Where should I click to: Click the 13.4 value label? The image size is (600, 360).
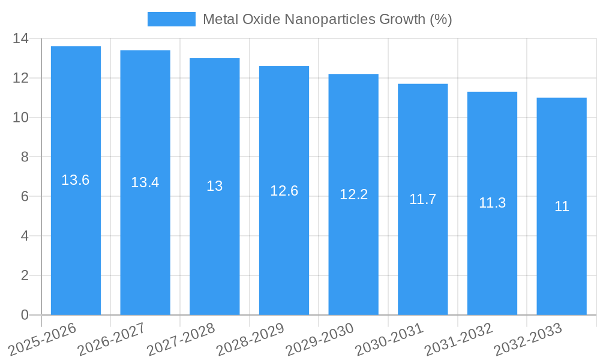pyautogui.click(x=145, y=182)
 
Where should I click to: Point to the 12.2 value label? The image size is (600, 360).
pyautogui.click(x=353, y=194)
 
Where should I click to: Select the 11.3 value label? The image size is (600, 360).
pyautogui.click(x=492, y=203)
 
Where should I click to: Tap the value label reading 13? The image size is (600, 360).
pyautogui.click(x=215, y=186)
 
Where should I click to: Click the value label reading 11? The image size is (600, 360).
pyautogui.click(x=562, y=206)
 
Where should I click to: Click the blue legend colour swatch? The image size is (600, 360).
pyautogui.click(x=172, y=19)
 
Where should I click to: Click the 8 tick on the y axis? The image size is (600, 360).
pyautogui.click(x=24, y=157)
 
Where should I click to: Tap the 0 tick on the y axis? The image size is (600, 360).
pyautogui.click(x=24, y=315)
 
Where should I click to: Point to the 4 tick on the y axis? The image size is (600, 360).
pyautogui.click(x=24, y=236)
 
